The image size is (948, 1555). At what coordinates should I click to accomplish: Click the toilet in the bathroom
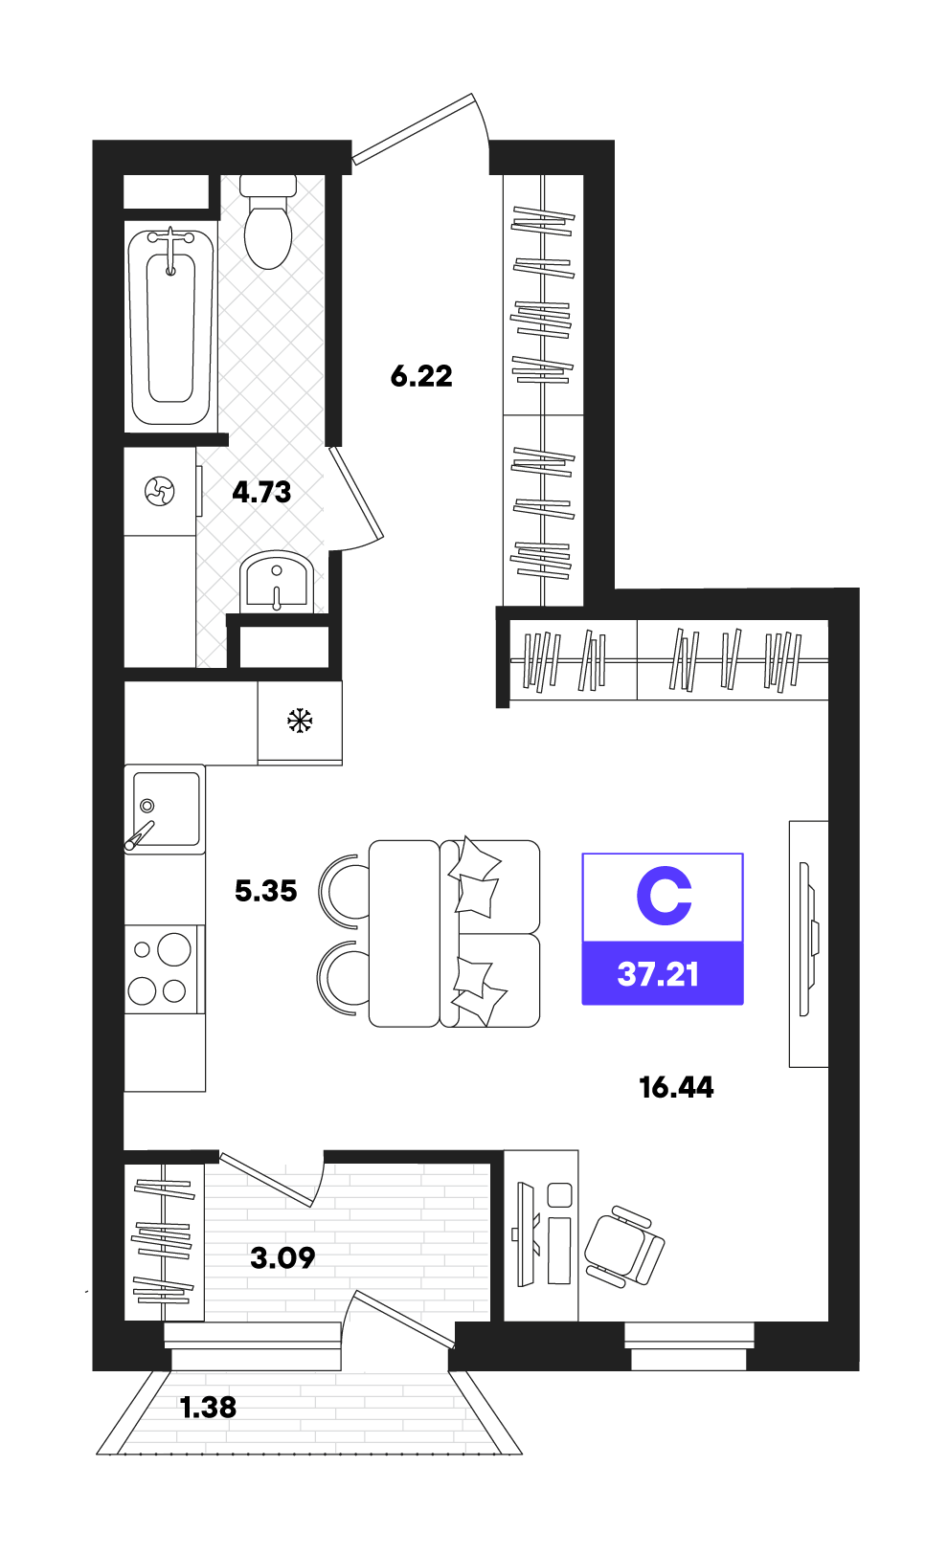(x=267, y=222)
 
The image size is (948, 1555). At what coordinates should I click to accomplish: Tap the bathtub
(x=170, y=327)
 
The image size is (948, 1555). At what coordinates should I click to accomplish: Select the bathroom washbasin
(x=277, y=582)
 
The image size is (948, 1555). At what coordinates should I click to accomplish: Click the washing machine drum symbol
(x=160, y=492)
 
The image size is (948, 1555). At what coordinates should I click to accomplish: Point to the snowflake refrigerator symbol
(x=300, y=721)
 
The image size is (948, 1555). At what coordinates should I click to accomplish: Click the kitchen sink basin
(x=166, y=810)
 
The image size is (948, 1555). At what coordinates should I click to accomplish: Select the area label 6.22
(x=421, y=376)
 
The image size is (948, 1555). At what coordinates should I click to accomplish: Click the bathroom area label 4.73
(x=261, y=492)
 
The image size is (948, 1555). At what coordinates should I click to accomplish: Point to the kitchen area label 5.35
(x=266, y=891)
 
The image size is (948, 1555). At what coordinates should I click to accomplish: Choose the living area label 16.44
(x=676, y=1088)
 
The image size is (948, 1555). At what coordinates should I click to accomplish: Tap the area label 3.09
(x=282, y=1257)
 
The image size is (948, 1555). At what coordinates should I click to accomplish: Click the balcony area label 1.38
(x=208, y=1407)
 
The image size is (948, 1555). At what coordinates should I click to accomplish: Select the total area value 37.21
(x=658, y=974)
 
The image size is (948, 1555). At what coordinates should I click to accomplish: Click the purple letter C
(x=664, y=896)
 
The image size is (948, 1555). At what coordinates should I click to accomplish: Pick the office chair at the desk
(x=623, y=1247)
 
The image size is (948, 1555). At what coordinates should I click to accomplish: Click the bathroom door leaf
(x=356, y=493)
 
